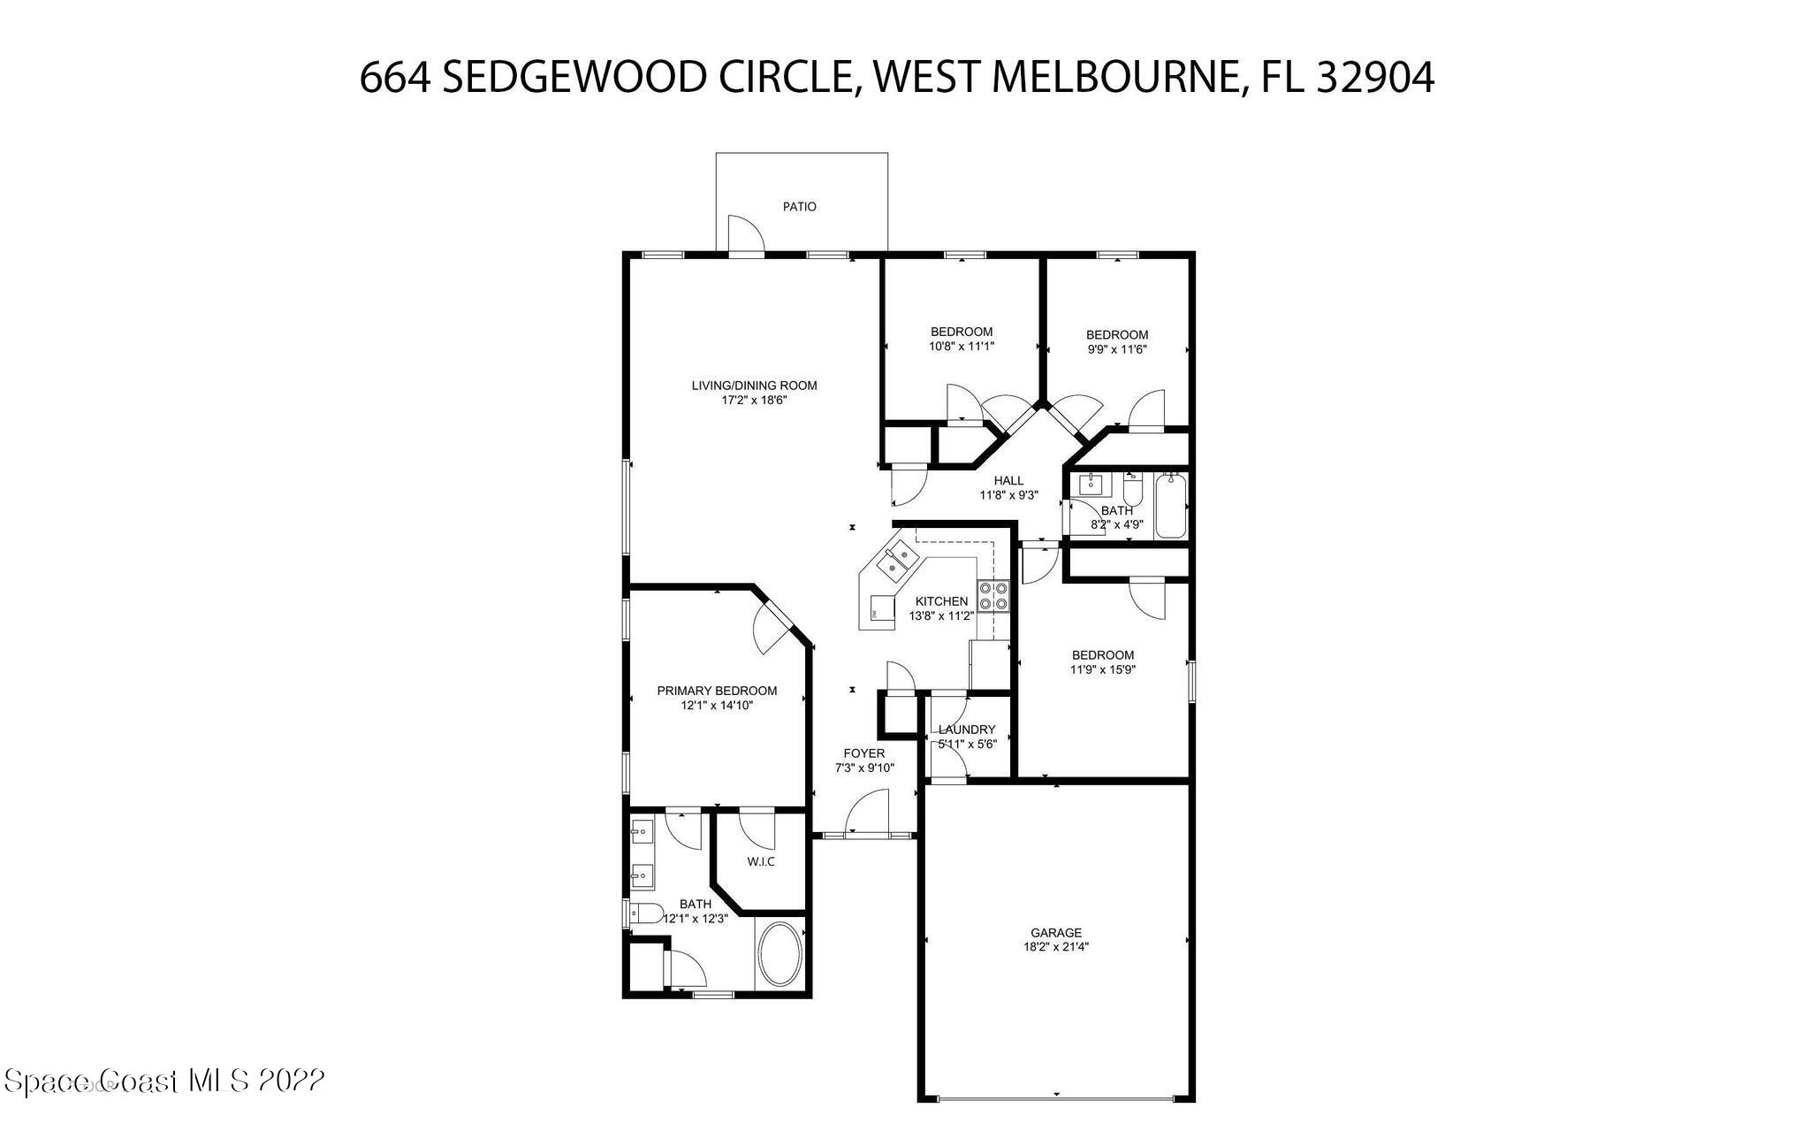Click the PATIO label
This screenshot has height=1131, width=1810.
coord(799,207)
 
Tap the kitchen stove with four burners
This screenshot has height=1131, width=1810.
coord(993,595)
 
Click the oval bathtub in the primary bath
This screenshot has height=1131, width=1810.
coord(780,955)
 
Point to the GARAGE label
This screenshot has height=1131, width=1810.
coord(1055,933)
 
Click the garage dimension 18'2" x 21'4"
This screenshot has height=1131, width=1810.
coord(1055,947)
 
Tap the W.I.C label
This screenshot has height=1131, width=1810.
coord(761,861)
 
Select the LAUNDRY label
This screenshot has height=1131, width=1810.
coord(967,730)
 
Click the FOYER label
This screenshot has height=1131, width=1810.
coord(863,753)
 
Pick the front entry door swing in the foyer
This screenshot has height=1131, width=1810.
coord(867,812)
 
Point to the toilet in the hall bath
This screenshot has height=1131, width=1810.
coord(1133,489)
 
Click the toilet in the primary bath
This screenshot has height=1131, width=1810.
coord(647,913)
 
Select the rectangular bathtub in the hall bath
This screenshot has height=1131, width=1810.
coord(1172,505)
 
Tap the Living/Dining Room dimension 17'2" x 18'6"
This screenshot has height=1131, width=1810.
coord(754,401)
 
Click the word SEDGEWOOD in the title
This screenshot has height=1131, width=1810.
coord(572,78)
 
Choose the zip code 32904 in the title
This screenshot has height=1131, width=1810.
coord(1375,78)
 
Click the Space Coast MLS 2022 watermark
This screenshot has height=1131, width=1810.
coord(164,1081)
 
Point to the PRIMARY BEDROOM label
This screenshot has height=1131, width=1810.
coord(717,691)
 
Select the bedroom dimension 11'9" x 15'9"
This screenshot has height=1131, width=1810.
coord(1102,670)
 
